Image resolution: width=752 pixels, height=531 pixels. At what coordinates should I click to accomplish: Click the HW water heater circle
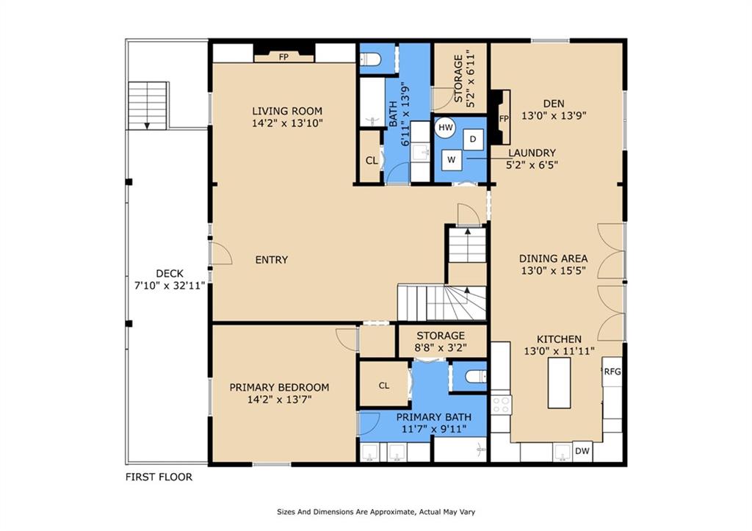446,128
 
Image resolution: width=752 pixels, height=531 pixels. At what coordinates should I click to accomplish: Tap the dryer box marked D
473,140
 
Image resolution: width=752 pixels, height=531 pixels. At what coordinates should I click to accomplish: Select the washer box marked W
452,160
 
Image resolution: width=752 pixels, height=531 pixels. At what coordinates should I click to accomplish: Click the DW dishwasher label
582,451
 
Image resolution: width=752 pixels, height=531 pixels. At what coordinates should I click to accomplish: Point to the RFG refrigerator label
612,372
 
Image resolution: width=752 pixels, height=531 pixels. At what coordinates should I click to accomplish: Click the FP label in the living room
283,57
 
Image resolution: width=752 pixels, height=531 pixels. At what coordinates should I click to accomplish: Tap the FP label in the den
504,118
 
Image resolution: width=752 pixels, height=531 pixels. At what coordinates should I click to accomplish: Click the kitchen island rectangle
559,383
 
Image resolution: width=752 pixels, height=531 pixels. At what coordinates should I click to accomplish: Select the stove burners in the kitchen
501,404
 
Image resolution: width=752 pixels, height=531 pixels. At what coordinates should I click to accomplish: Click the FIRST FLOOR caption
159,477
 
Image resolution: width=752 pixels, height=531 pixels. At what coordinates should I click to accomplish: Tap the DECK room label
170,273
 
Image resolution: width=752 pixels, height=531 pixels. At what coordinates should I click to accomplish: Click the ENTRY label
272,260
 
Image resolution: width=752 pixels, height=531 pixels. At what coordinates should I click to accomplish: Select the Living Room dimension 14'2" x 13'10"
287,123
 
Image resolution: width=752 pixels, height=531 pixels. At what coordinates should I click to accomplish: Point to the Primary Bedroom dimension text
280,400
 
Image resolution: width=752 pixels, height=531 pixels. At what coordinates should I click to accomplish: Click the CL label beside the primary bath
383,386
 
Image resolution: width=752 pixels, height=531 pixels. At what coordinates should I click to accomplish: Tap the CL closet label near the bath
372,161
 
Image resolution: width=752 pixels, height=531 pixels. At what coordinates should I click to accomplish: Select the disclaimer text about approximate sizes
376,512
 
